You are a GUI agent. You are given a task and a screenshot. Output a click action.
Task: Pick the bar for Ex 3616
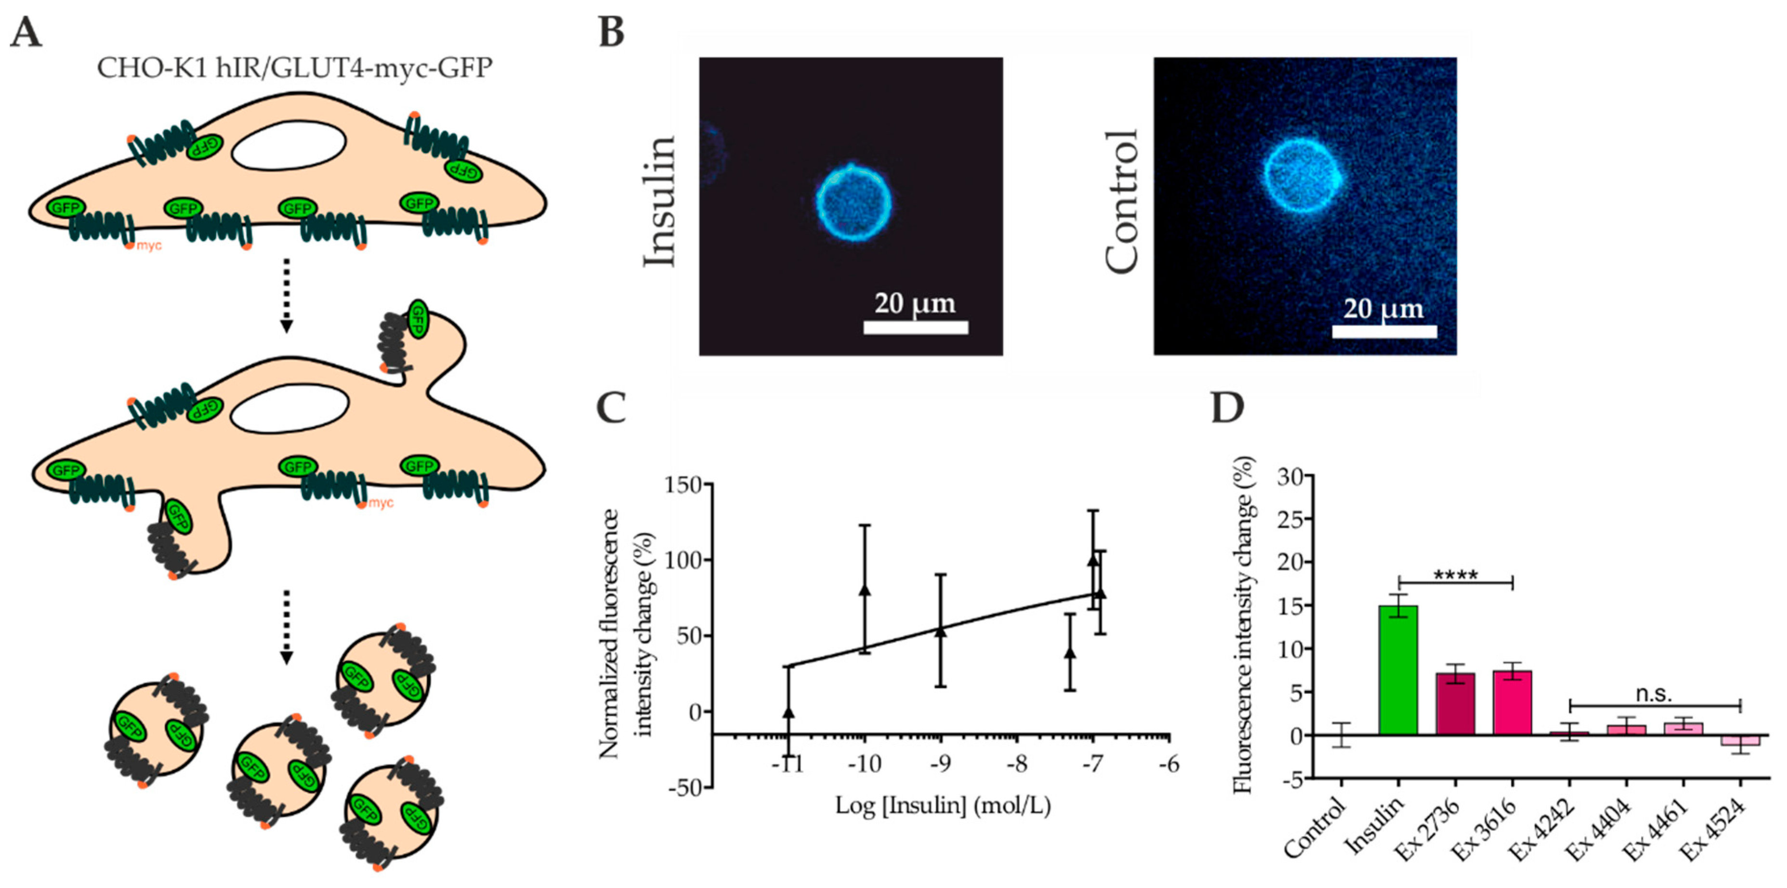point(1512,702)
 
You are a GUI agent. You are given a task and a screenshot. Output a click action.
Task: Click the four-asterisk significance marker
point(1456,575)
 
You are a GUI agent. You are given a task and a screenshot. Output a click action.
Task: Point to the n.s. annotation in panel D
point(1654,694)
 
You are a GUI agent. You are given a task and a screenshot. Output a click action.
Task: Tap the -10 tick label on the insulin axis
point(865,765)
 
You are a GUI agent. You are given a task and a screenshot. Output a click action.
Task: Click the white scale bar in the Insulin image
point(915,327)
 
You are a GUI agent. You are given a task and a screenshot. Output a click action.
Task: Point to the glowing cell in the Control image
point(1302,175)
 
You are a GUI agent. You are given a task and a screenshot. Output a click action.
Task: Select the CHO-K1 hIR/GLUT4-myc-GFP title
point(294,68)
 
